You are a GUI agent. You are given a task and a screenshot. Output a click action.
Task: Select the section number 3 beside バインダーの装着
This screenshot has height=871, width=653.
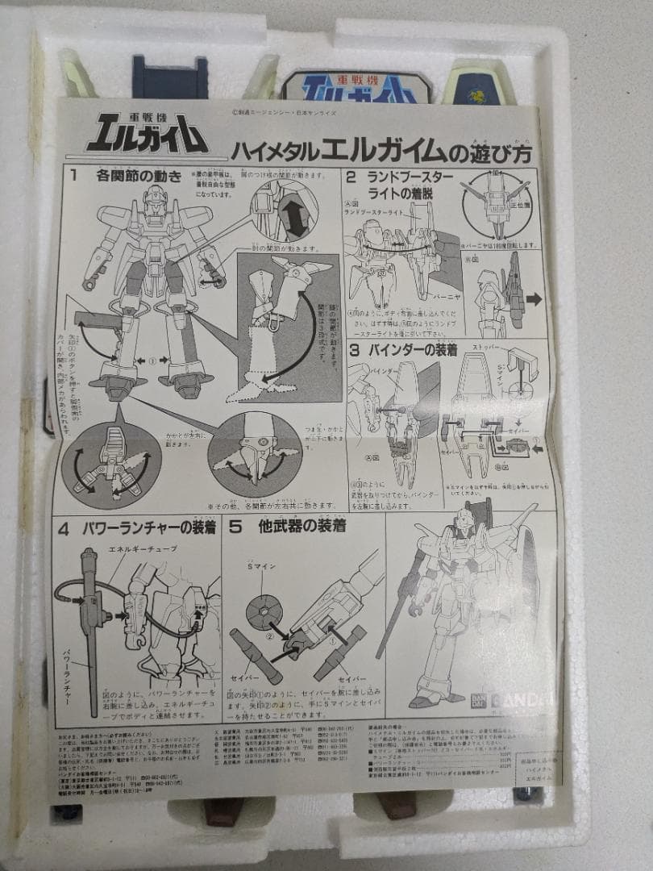(x=354, y=350)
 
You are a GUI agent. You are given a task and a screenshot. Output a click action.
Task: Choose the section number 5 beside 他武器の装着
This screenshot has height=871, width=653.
(x=236, y=528)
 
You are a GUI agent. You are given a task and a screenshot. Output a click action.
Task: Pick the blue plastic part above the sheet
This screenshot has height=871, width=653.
(x=170, y=78)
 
